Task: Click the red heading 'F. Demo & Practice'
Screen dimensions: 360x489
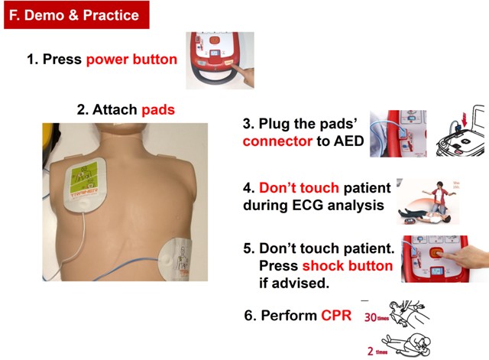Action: pos(73,15)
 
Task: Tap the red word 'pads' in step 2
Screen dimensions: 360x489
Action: pos(157,110)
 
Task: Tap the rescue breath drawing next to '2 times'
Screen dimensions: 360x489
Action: pos(416,342)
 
